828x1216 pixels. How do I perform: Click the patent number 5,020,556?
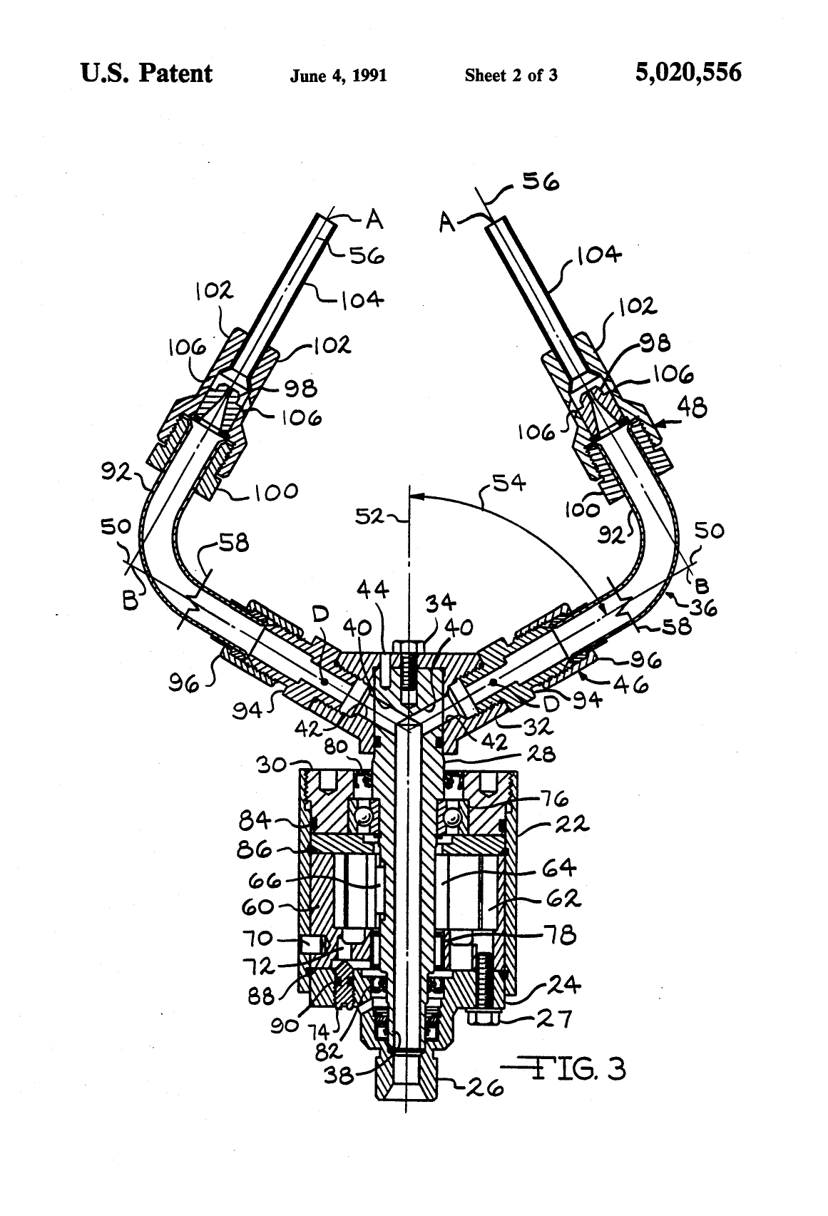click(x=688, y=73)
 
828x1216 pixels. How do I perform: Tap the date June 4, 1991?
click(x=338, y=76)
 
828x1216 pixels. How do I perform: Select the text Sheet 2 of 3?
click(x=511, y=76)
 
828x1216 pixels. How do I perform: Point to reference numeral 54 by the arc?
click(x=510, y=484)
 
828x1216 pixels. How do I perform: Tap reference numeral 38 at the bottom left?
click(x=339, y=1074)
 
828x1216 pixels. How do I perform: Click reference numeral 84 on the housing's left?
click(x=255, y=822)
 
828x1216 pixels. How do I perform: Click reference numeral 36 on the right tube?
click(x=702, y=608)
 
